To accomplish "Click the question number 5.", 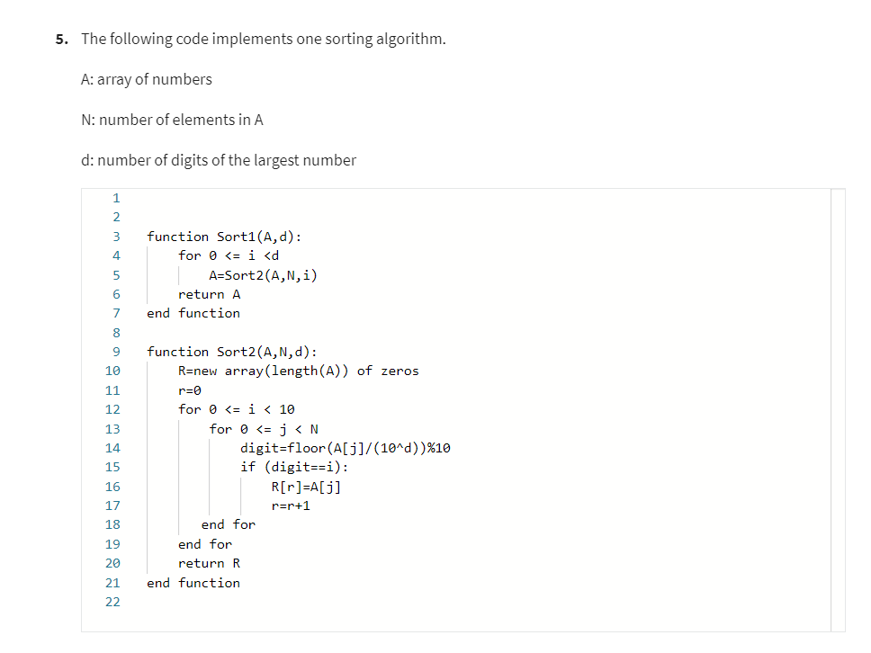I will pos(60,40).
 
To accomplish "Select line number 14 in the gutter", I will pos(112,447).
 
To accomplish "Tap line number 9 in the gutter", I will pos(116,352).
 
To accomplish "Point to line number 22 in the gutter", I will pos(112,602).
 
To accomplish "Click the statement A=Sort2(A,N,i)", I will pos(263,275).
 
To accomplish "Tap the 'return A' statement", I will pos(209,294).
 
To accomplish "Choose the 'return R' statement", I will pos(209,563).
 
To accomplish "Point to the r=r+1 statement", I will pos(290,505).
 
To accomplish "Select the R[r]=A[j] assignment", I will pos(305,487).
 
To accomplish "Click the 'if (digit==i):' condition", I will pos(293,467).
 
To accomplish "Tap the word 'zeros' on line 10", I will pos(400,371).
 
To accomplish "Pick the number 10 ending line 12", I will pos(287,409).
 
